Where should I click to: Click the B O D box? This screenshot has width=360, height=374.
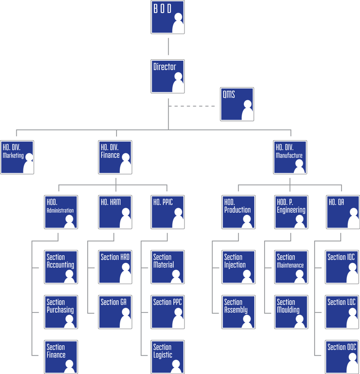click(x=167, y=17)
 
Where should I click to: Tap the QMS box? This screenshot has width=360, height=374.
click(x=237, y=103)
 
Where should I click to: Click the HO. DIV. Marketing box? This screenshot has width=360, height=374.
click(x=17, y=156)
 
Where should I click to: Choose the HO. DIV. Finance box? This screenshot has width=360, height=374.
click(x=115, y=156)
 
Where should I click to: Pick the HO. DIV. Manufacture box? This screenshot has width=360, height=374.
click(x=290, y=156)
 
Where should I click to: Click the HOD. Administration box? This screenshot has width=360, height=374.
click(x=61, y=211)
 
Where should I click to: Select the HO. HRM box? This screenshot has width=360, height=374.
click(x=115, y=211)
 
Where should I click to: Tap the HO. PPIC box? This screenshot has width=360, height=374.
click(x=167, y=211)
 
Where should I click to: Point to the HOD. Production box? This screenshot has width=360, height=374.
click(x=238, y=211)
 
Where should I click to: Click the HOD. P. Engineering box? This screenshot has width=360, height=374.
click(x=291, y=211)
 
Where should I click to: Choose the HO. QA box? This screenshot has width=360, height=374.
click(x=342, y=211)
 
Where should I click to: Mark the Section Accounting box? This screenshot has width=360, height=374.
click(x=61, y=266)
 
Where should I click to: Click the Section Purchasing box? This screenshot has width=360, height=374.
click(x=61, y=311)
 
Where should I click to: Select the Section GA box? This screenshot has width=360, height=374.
click(x=115, y=311)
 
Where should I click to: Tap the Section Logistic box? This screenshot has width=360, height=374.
click(x=167, y=356)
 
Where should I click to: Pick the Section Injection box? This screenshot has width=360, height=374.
click(x=238, y=266)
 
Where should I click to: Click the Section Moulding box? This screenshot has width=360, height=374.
click(x=291, y=311)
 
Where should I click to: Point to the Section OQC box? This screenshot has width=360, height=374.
click(x=342, y=356)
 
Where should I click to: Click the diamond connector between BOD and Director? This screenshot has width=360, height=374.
click(x=168, y=46)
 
